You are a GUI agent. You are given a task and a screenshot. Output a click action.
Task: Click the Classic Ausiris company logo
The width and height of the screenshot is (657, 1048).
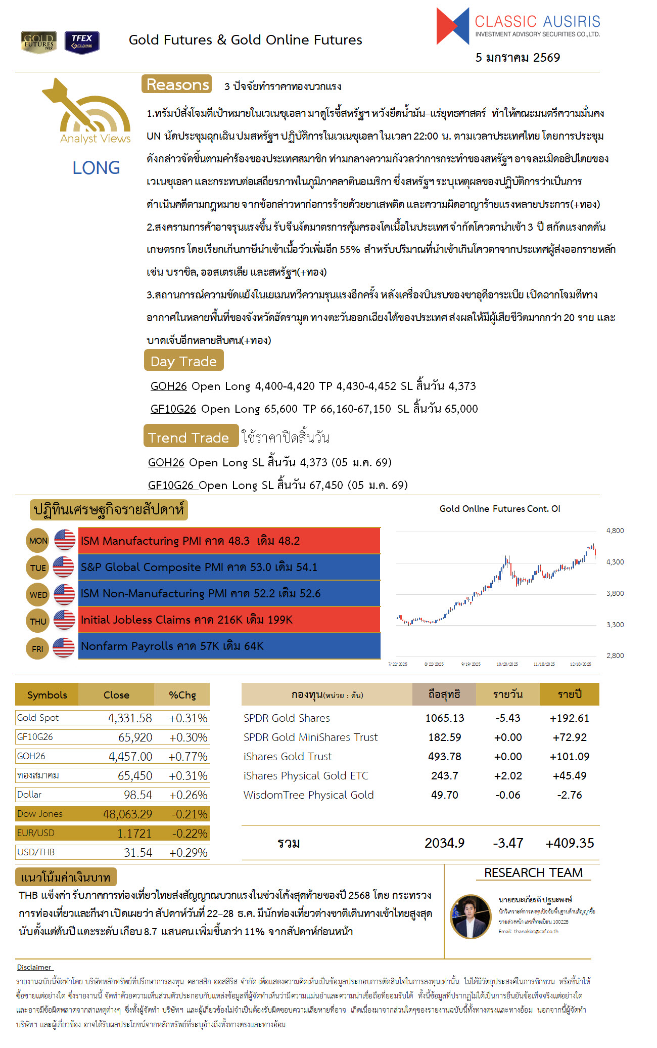(518, 27)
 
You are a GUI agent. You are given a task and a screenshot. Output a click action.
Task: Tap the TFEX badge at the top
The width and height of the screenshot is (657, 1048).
(82, 42)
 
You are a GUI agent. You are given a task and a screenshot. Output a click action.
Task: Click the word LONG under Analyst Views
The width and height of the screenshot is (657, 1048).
(96, 168)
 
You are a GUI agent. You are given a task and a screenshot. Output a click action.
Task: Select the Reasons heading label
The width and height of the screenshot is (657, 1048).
(177, 84)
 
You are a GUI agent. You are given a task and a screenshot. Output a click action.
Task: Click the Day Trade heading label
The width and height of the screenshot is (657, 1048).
(183, 361)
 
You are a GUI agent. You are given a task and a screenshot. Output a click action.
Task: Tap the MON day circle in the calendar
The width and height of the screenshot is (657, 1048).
(38, 541)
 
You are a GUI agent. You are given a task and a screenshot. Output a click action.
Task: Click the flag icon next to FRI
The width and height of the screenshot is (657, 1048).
(64, 647)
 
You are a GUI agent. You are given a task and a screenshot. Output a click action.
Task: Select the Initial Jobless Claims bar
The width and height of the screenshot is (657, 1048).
(229, 620)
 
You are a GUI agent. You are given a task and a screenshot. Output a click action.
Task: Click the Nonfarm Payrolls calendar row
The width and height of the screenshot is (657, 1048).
(229, 646)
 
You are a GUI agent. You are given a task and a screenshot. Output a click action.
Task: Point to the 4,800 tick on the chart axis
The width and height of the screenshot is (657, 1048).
(615, 531)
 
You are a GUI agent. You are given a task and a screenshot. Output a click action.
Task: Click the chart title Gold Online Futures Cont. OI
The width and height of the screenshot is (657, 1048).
(499, 509)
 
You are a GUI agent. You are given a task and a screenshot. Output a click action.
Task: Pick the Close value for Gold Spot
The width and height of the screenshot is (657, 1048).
(130, 718)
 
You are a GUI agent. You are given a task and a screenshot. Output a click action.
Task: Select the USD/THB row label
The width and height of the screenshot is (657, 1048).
(36, 852)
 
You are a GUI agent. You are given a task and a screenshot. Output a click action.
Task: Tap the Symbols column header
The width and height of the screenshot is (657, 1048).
(47, 695)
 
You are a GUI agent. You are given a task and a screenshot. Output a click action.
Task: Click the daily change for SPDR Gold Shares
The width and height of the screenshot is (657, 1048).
(507, 718)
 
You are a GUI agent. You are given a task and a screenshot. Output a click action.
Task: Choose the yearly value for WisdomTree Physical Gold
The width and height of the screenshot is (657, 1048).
(569, 795)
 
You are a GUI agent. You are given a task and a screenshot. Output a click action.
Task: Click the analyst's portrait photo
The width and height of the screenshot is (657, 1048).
(471, 916)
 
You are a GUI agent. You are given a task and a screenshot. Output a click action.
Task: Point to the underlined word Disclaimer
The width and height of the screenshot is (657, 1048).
(34, 967)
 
